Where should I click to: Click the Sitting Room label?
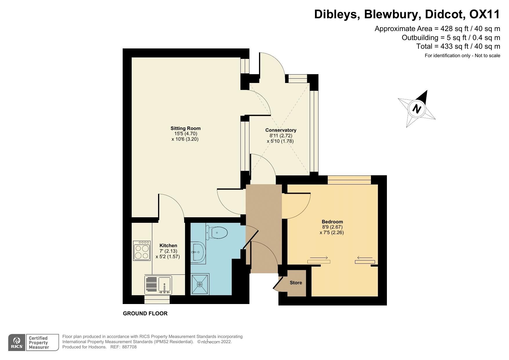pyautogui.click(x=185, y=128)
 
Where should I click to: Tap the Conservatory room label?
pyautogui.click(x=281, y=130)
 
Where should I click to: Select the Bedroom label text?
pyautogui.click(x=332, y=222)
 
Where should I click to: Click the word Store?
pyautogui.click(x=296, y=283)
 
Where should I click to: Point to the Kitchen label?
pyautogui.click(x=168, y=245)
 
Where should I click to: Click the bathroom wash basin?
pyautogui.click(x=198, y=252)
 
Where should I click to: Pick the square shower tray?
pyautogui.click(x=200, y=284)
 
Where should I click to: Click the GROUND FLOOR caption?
pyautogui.click(x=145, y=313)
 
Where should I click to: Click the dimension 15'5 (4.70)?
pyautogui.click(x=185, y=134)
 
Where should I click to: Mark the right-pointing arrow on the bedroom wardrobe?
pyautogui.click(x=319, y=258)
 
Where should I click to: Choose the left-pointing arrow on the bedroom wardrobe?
pyautogui.click(x=365, y=258)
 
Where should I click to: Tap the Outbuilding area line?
pyautogui.click(x=451, y=37)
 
